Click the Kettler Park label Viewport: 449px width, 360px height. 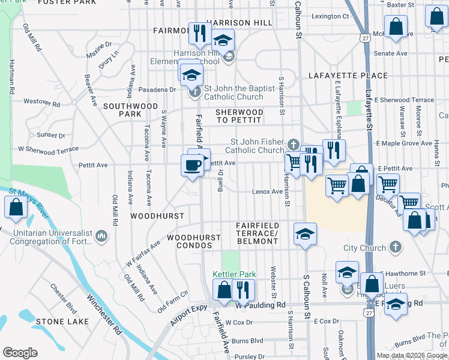pyautogui.click(x=234, y=274)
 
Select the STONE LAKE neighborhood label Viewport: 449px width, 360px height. pyautogui.click(x=58, y=322)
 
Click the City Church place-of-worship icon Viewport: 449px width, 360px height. pyautogui.click(x=395, y=247)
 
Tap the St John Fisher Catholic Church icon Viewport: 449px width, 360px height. pyautogui.click(x=292, y=144)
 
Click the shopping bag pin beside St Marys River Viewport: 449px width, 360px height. pyautogui.click(x=16, y=208)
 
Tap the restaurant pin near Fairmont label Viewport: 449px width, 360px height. pyautogui.click(x=199, y=33)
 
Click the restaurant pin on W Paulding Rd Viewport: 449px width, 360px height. pyautogui.click(x=243, y=290)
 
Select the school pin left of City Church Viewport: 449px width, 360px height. pyautogui.click(x=305, y=234)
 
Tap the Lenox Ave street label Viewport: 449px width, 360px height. pyautogui.click(x=267, y=191)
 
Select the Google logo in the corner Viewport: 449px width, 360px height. pyautogui.click(x=20, y=353)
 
